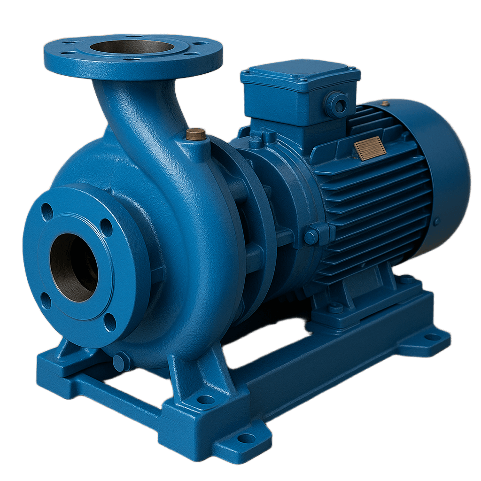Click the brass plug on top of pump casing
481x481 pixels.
[x=196, y=133]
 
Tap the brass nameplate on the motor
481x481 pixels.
[x=369, y=148]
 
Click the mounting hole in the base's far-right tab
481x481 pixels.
[x=431, y=337]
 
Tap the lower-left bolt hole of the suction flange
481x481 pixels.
[x=46, y=301]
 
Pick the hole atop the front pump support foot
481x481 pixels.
[x=205, y=400]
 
